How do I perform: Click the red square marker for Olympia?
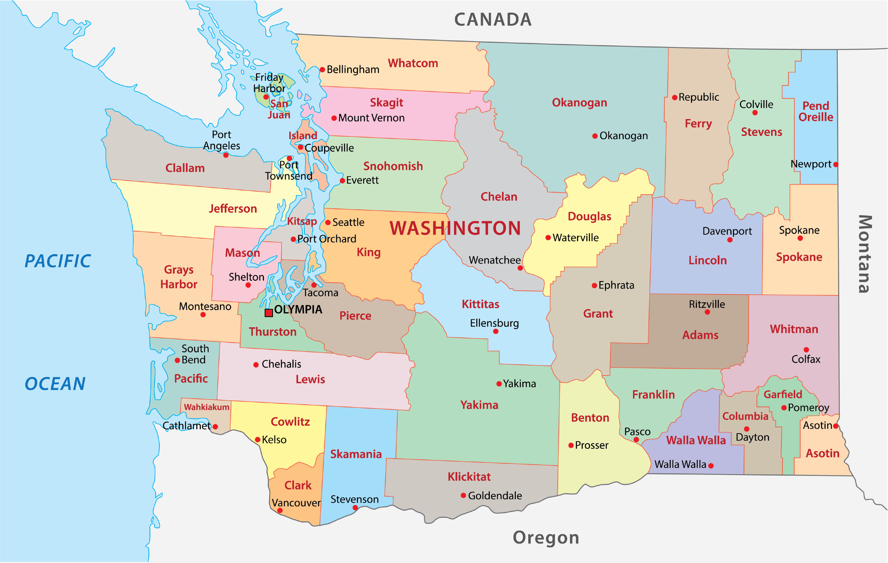click(269, 313)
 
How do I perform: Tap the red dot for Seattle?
click(328, 222)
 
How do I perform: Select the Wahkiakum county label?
click(206, 407)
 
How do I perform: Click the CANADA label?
click(493, 19)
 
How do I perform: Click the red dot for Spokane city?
click(800, 238)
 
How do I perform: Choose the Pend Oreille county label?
click(816, 111)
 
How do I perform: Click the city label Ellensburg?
click(494, 323)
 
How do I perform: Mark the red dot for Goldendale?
click(463, 495)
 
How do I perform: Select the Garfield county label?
click(783, 394)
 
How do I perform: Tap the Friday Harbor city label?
click(269, 83)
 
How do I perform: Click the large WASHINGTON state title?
click(455, 228)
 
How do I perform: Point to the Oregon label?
click(546, 538)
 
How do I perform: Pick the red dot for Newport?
click(836, 165)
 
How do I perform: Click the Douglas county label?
click(589, 216)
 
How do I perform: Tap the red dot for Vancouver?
click(280, 511)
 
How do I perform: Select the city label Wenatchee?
click(495, 260)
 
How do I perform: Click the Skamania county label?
click(356, 454)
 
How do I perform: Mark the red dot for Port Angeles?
click(226, 155)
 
